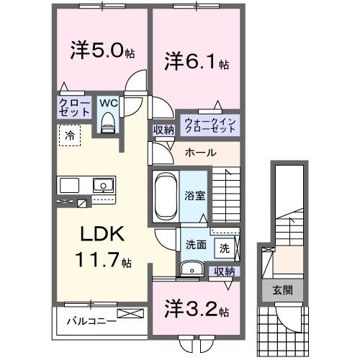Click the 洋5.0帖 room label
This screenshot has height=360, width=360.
point(100,52)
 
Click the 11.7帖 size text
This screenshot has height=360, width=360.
point(105,262)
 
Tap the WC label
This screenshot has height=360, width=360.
point(108,103)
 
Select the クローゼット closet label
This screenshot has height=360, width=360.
point(74,108)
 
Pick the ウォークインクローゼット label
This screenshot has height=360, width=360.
point(210,125)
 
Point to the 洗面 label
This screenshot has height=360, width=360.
point(196,244)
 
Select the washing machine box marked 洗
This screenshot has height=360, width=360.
point(225,248)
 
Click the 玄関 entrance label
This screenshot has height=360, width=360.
point(282,290)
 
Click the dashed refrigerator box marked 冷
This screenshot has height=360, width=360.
point(70,135)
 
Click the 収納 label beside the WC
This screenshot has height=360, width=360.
point(163,130)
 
